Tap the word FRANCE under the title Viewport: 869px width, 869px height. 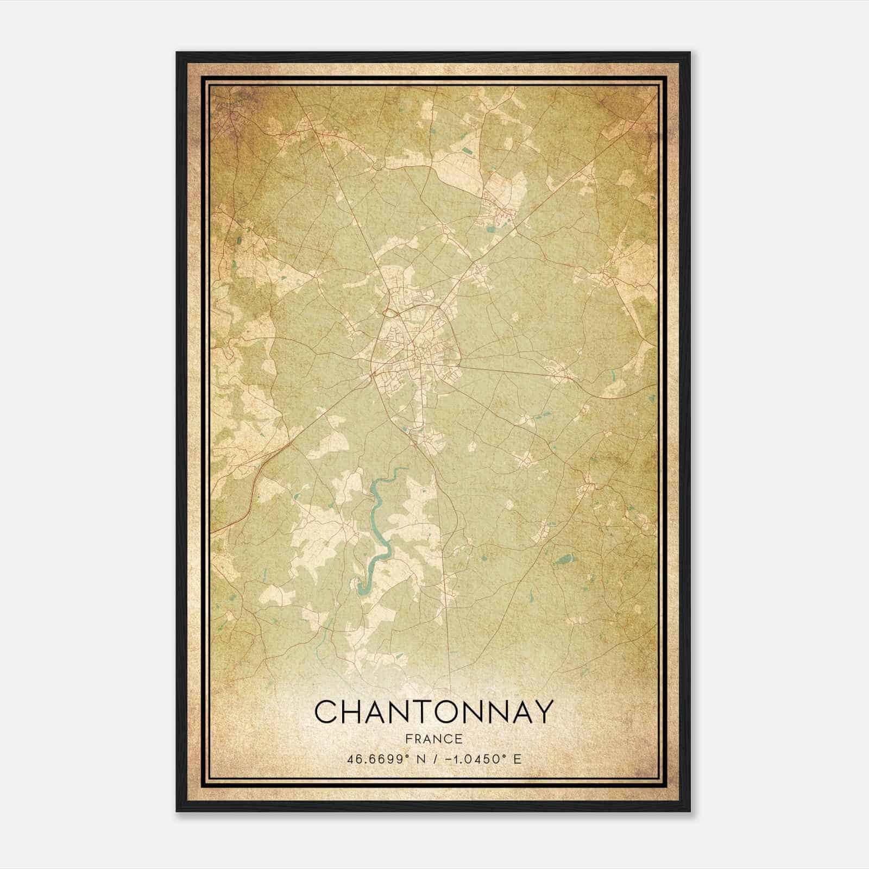[433, 739]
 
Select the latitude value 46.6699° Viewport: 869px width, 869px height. [378, 759]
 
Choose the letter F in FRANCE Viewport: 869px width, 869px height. [407, 739]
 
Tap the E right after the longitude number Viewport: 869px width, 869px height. [518, 759]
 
